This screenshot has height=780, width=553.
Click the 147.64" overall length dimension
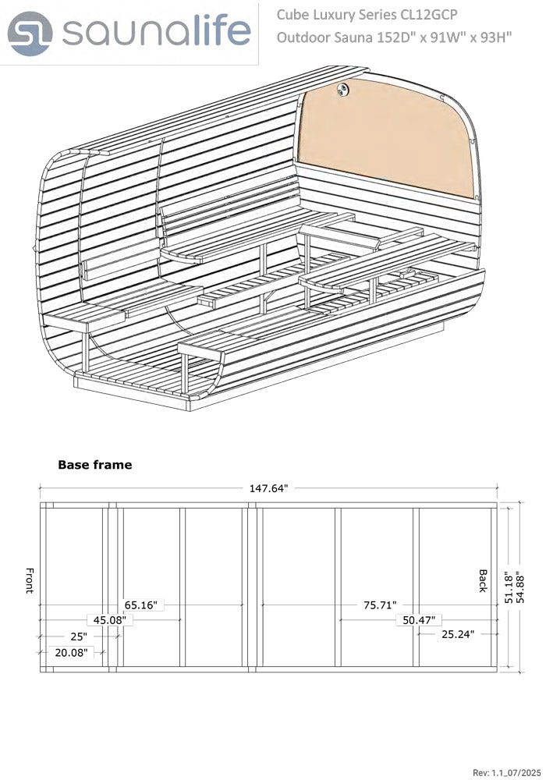[269, 488]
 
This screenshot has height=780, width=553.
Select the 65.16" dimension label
[141, 605]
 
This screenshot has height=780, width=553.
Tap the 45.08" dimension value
[110, 620]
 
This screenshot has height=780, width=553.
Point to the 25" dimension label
[79, 636]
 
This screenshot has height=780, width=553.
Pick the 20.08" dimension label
[72, 652]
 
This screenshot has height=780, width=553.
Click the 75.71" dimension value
[380, 605]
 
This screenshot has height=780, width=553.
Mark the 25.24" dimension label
[458, 634]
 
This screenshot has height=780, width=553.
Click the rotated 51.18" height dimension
[509, 587]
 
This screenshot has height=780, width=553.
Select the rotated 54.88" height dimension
[520, 587]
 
